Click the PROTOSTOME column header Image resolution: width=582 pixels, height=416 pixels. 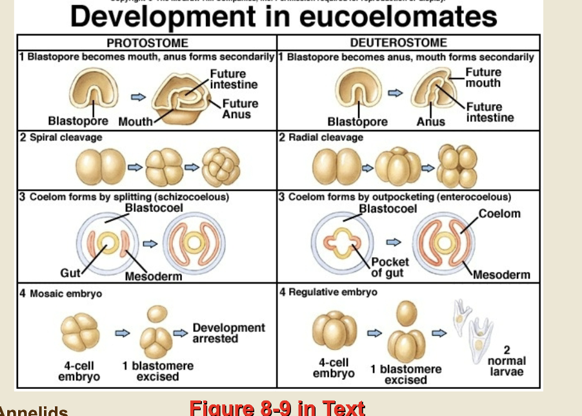coord(147,43)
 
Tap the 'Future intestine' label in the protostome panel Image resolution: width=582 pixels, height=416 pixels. coord(234,79)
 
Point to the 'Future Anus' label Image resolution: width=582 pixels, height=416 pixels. coord(240,109)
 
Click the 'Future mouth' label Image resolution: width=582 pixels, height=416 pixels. coord(483,78)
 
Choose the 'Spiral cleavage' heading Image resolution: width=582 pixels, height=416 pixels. coord(65,138)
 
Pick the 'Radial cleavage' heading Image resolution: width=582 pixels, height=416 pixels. coord(325,138)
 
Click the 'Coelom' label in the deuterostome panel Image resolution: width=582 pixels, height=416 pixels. coord(499,213)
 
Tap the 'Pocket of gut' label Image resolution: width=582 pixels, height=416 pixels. coord(390,267)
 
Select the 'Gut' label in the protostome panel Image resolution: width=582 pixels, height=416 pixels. coord(70,273)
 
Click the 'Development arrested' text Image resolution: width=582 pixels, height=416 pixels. coord(228,333)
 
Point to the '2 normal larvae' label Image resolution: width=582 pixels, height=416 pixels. coord(507,361)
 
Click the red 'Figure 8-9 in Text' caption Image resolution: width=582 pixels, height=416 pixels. coord(277,408)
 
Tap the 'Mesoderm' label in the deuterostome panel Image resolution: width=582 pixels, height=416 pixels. coord(501,275)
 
